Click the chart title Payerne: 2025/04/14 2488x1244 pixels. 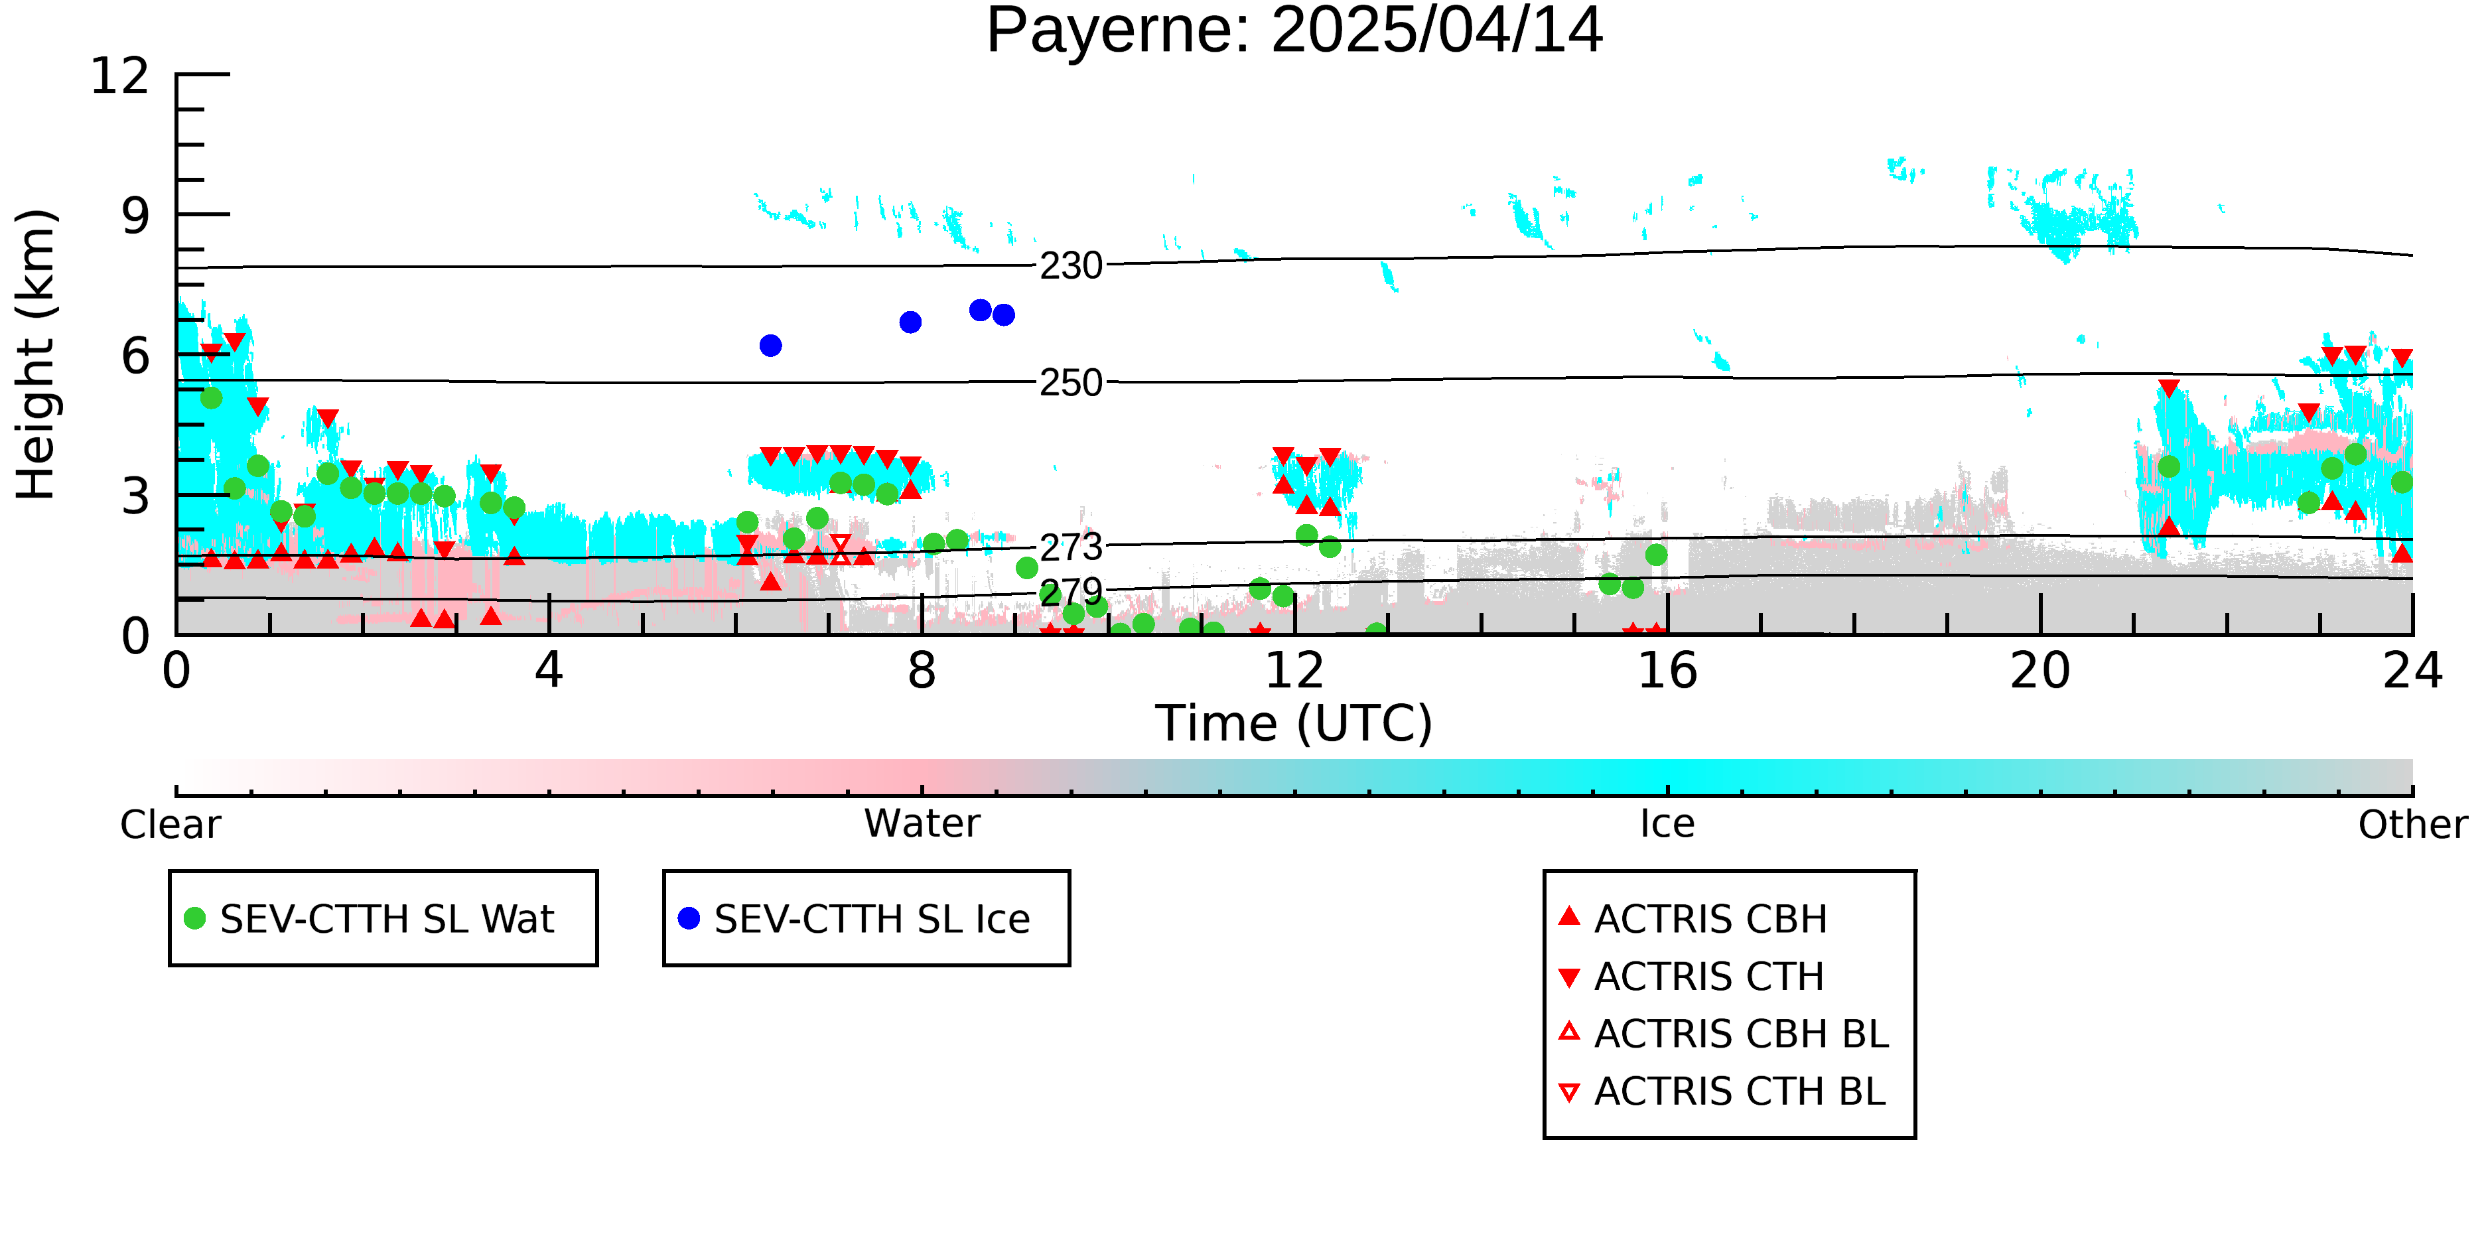1294,31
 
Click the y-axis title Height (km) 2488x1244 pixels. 36,354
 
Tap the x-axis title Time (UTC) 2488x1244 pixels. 1294,723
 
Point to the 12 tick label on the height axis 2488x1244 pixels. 120,76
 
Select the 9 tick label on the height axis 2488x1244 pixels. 136,216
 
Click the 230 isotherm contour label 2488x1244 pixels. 1071,265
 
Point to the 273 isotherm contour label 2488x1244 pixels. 1071,547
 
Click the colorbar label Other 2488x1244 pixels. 2412,825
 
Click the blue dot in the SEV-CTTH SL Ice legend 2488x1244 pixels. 689,918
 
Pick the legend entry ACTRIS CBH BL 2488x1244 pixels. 1724,1034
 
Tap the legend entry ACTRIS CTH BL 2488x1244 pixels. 1722,1091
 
